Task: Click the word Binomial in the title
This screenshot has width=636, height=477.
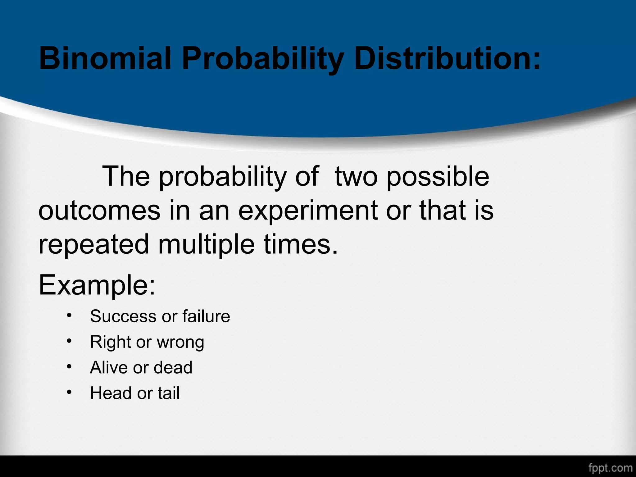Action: (x=105, y=58)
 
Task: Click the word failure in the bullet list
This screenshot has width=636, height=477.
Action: (x=206, y=316)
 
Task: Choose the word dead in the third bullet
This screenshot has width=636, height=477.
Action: (x=173, y=368)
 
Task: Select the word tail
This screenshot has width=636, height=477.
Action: (x=169, y=393)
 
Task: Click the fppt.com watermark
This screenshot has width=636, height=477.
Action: (x=610, y=468)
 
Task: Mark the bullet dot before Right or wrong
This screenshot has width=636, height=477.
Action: (x=69, y=342)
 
